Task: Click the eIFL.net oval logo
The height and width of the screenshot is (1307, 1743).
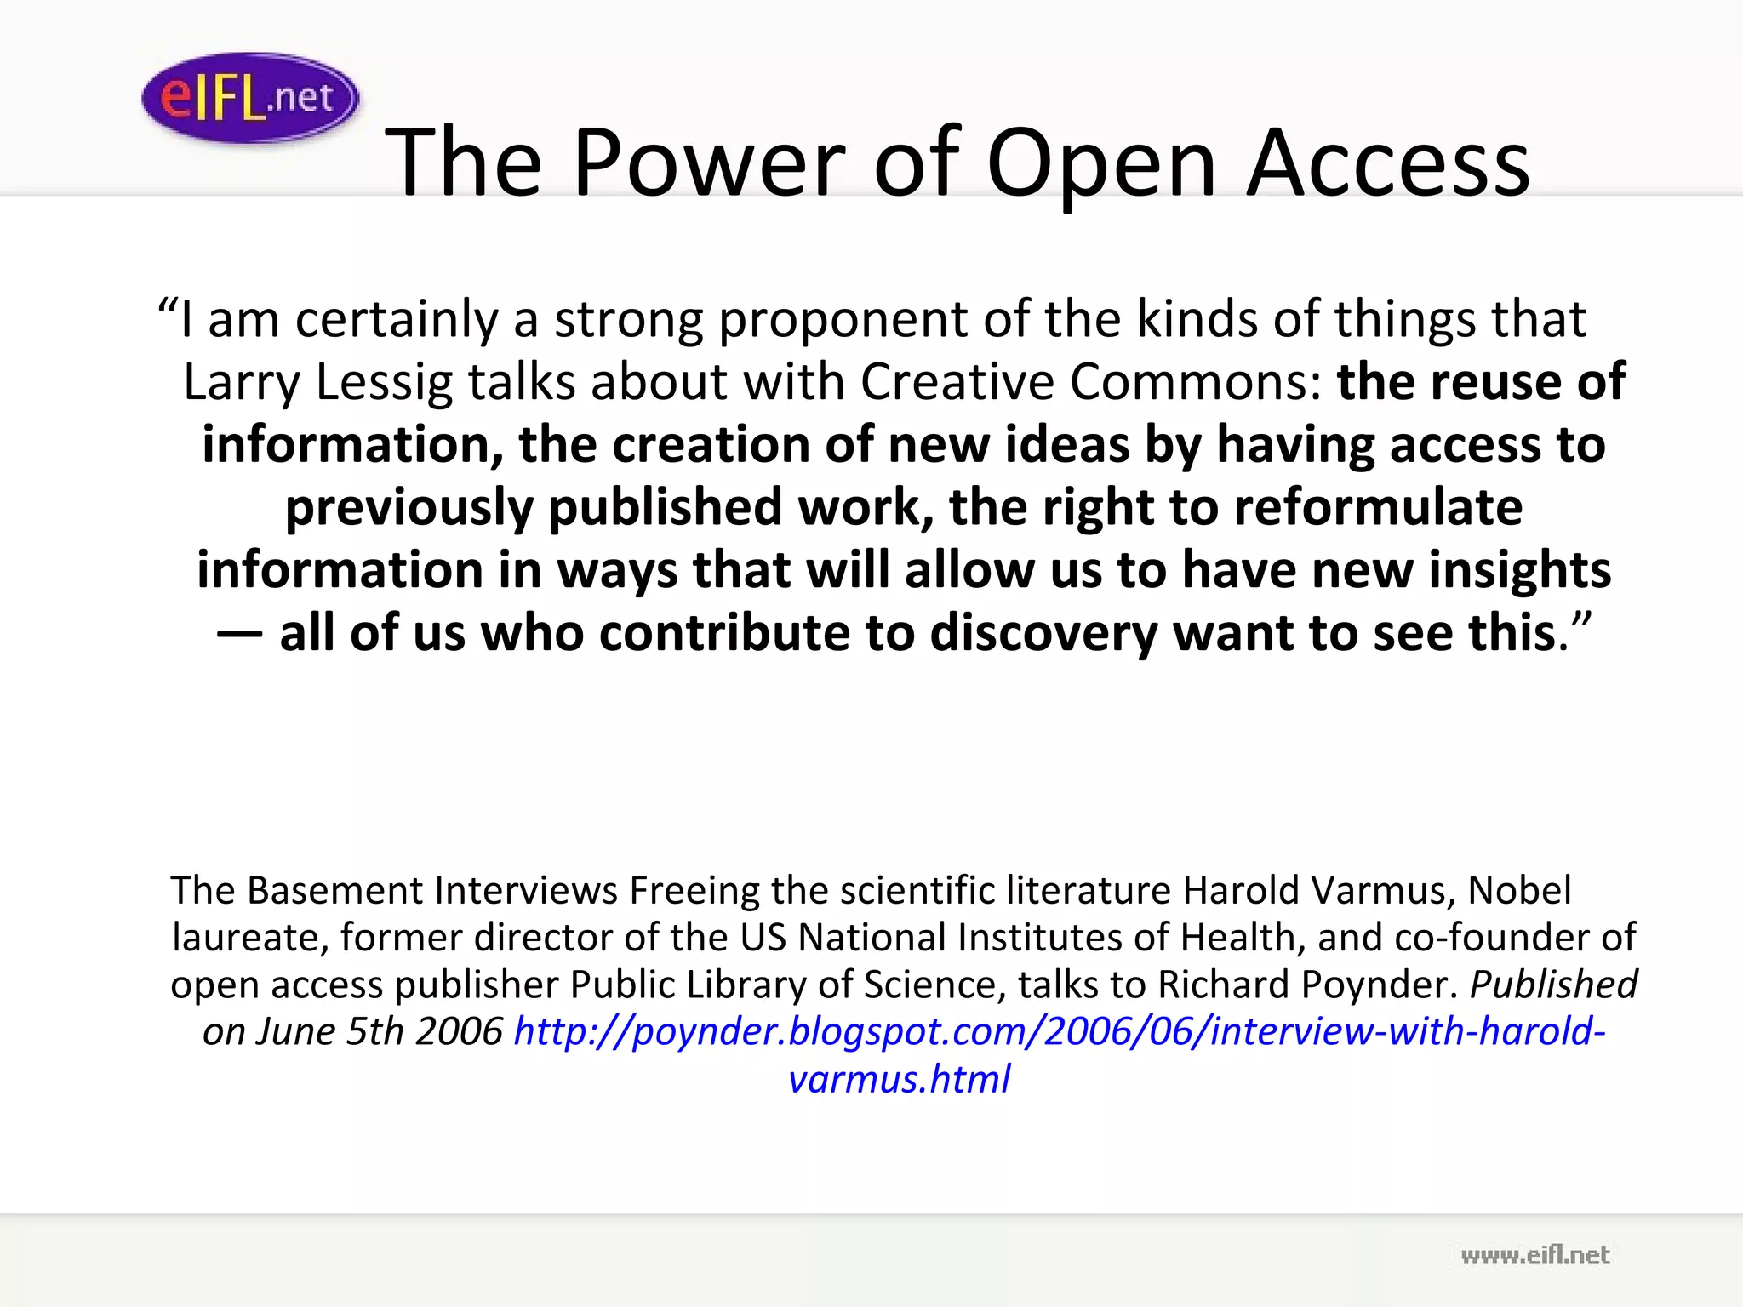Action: (x=250, y=98)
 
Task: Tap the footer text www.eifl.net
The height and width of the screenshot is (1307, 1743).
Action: (x=1535, y=1254)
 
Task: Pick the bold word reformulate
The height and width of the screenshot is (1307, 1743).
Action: (x=1378, y=507)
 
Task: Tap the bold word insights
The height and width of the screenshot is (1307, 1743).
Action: (x=1519, y=569)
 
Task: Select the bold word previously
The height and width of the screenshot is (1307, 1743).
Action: (x=409, y=507)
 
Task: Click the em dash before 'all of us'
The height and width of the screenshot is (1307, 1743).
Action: (x=239, y=633)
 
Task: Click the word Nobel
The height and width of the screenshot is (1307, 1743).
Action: (x=1520, y=891)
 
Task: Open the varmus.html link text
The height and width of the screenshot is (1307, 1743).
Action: (x=899, y=1079)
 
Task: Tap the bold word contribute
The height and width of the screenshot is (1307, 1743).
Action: (x=724, y=633)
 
